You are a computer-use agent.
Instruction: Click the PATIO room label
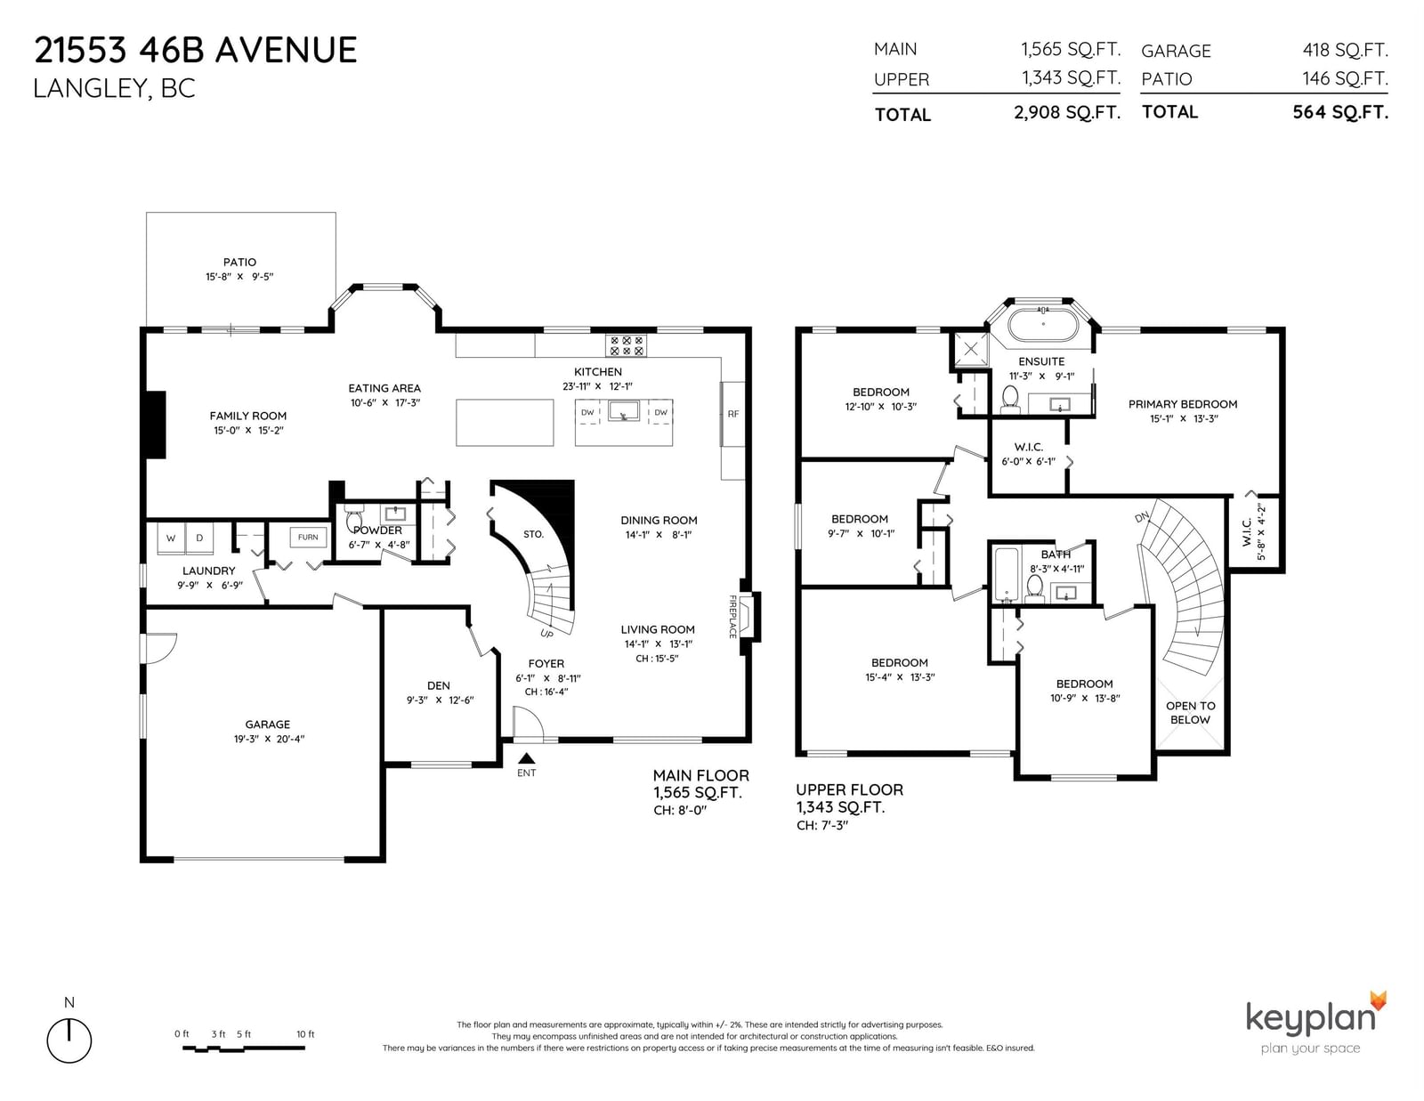(239, 263)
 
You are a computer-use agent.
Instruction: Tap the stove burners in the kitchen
(626, 346)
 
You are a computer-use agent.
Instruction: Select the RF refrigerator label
(732, 414)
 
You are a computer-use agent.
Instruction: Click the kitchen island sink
(623, 411)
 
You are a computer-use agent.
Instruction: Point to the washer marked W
(171, 538)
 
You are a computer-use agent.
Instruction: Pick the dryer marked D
(199, 538)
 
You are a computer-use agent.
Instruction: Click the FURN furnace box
(308, 538)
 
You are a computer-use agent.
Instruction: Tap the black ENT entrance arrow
(526, 758)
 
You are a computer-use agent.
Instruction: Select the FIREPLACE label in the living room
(732, 616)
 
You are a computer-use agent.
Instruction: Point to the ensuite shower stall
(970, 349)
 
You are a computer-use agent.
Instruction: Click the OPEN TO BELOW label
(1190, 712)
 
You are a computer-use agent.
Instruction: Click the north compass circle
(69, 1040)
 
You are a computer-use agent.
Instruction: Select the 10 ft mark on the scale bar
(305, 1034)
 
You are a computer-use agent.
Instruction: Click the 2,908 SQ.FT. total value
(1067, 113)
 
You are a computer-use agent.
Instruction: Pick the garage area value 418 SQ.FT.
(1345, 50)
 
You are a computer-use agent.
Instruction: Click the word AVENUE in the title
(286, 51)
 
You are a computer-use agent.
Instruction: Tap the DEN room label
(439, 686)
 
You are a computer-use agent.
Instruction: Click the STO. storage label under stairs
(533, 534)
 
